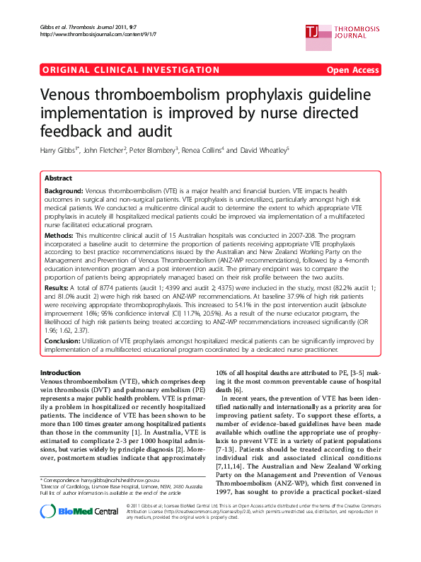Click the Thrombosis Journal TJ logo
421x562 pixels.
tap(312, 30)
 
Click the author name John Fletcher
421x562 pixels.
tap(106, 150)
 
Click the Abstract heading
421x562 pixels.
tap(58, 178)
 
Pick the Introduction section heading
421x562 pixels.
tap(61, 372)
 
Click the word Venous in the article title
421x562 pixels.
tap(76, 96)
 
